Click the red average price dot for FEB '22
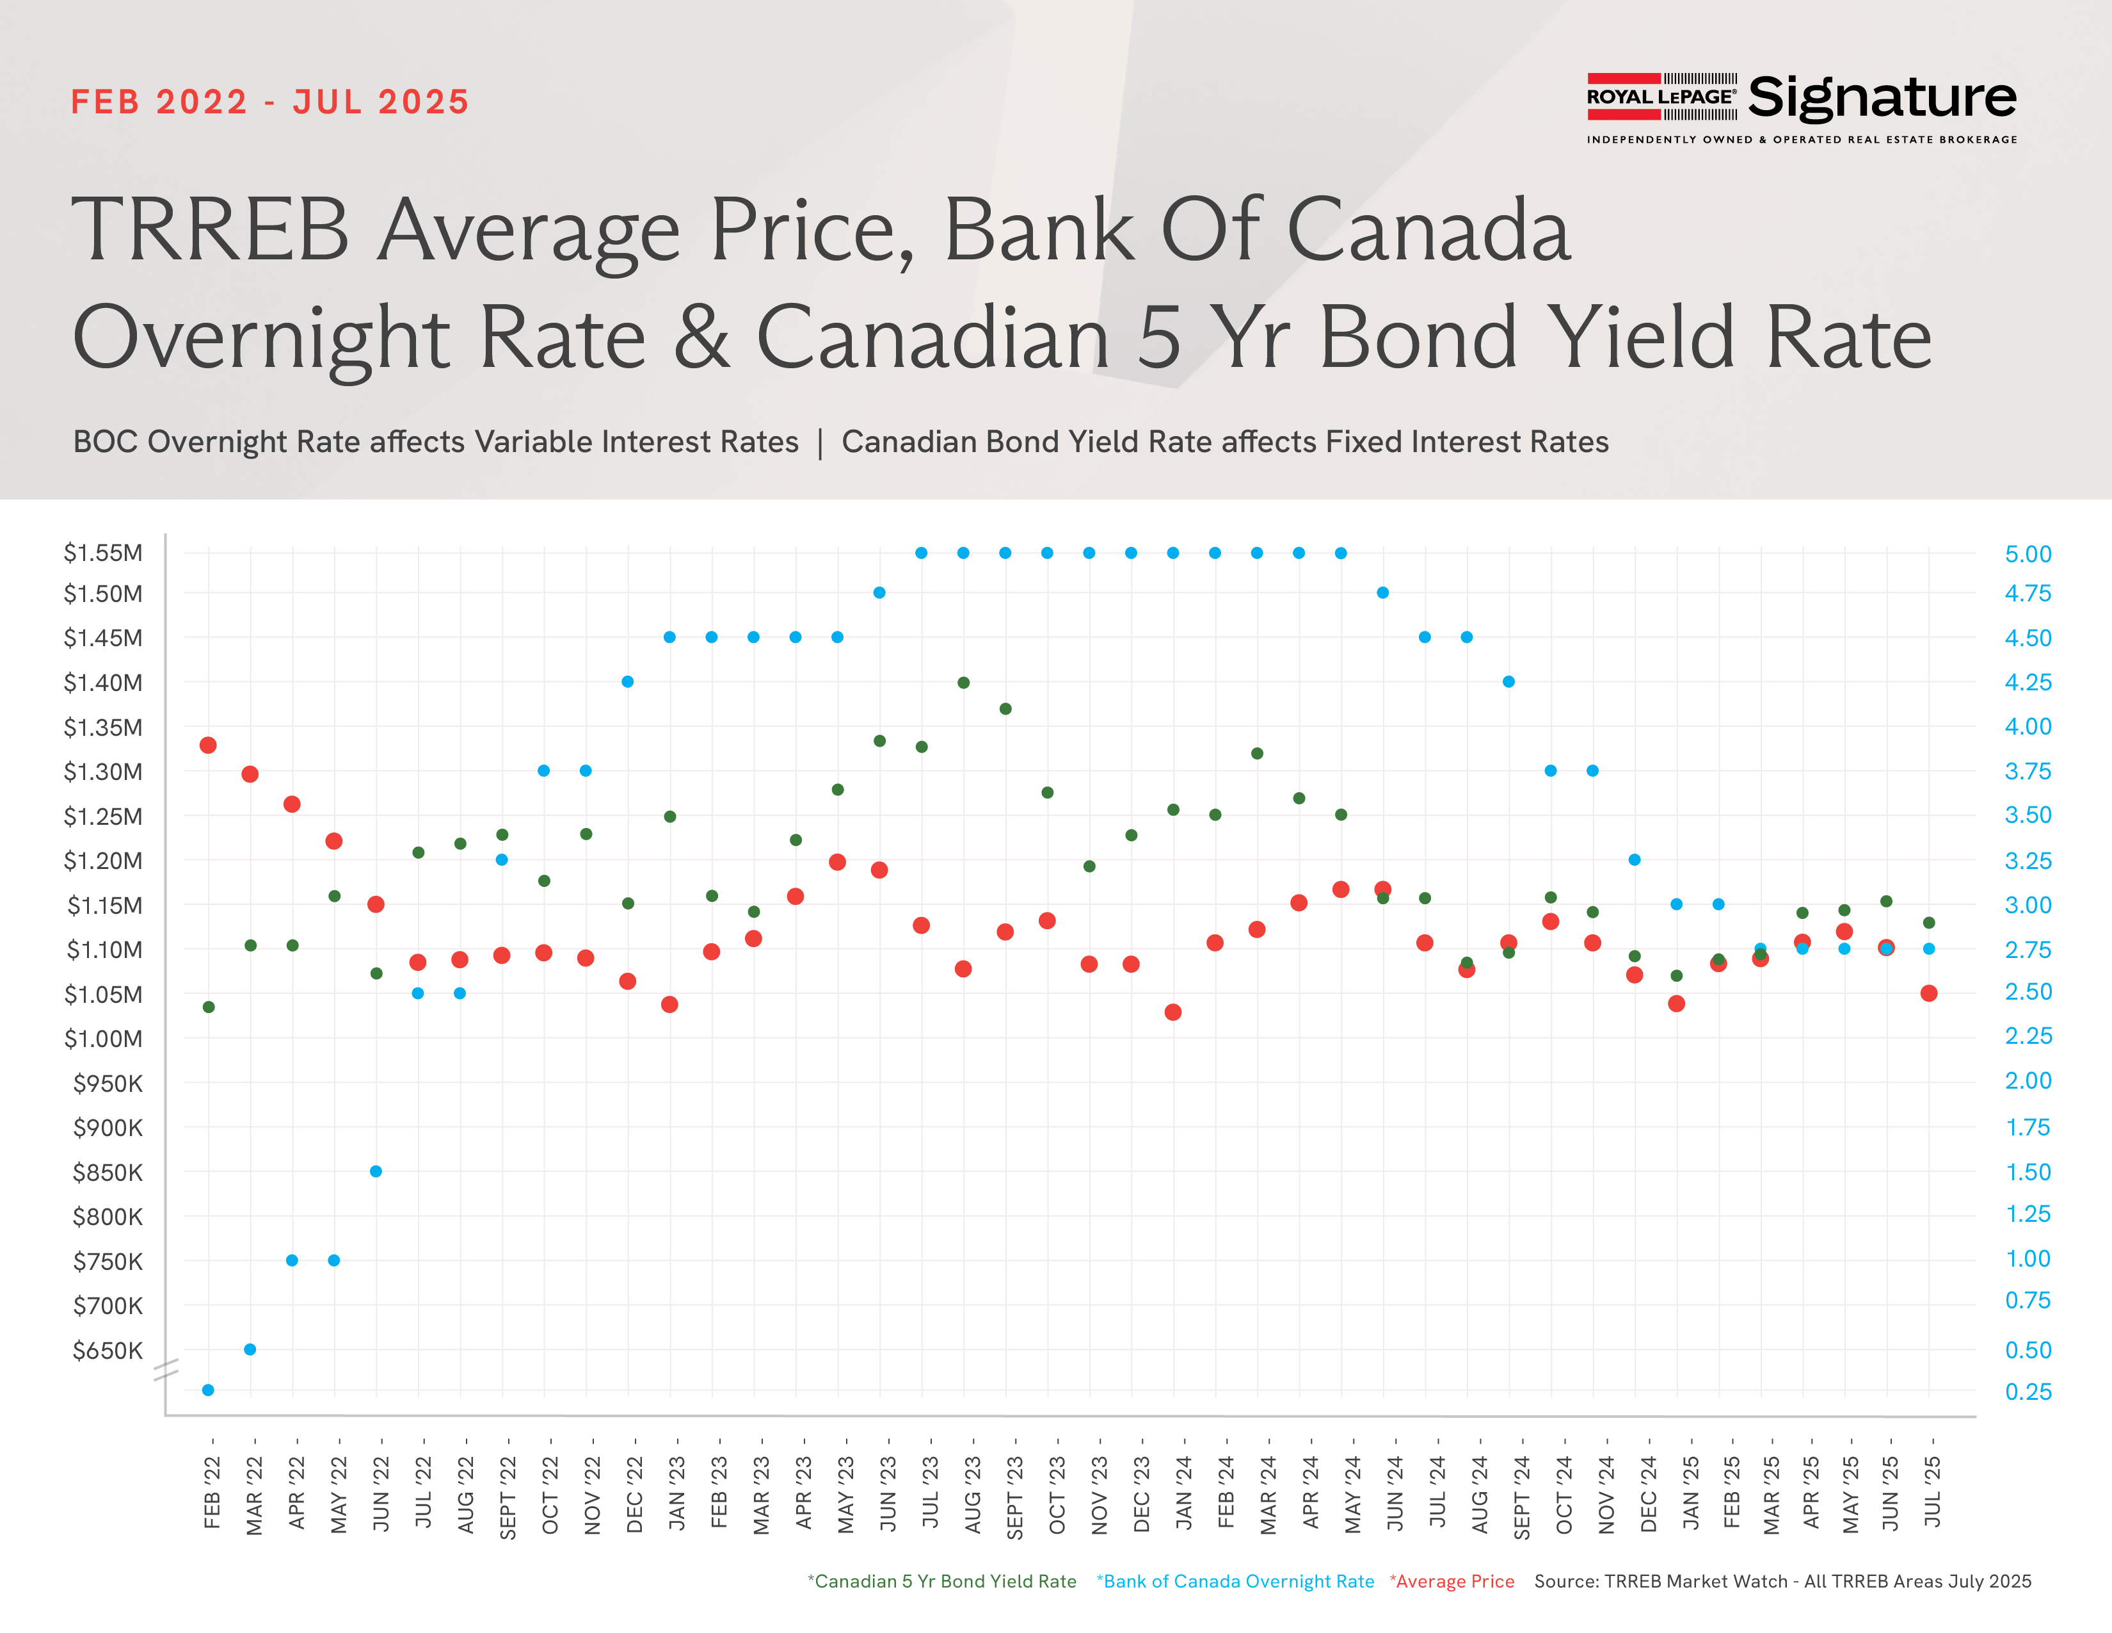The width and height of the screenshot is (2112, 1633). click(208, 745)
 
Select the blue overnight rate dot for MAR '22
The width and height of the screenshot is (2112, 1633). click(250, 1349)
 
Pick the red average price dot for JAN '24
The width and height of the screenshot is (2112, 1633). click(1173, 1012)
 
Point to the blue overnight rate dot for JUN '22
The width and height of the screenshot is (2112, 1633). click(376, 1171)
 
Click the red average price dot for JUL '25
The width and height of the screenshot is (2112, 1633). click(1929, 993)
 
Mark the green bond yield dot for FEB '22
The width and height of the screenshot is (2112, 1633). click(209, 1007)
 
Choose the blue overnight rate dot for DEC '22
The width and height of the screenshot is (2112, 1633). click(628, 682)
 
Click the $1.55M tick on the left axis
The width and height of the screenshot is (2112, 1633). click(102, 553)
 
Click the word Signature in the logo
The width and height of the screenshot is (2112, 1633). click(1882, 98)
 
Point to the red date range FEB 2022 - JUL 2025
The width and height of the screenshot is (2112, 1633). click(270, 102)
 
